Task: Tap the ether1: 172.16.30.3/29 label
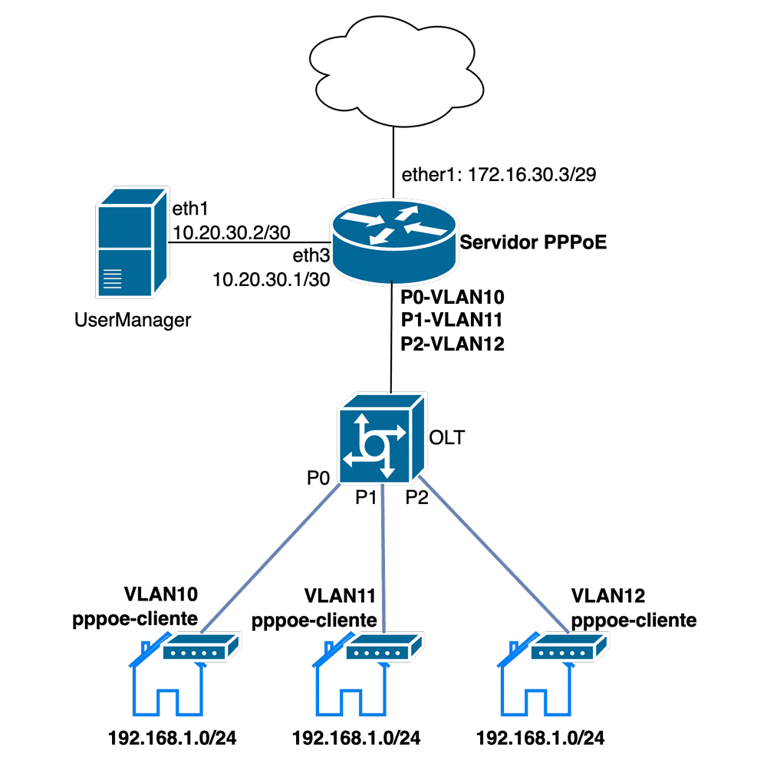coord(499,175)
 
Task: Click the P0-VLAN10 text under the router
coord(452,296)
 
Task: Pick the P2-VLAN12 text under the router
coord(452,345)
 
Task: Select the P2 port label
coord(418,499)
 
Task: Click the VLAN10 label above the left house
coord(160,594)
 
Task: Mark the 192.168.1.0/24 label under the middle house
coord(357,739)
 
